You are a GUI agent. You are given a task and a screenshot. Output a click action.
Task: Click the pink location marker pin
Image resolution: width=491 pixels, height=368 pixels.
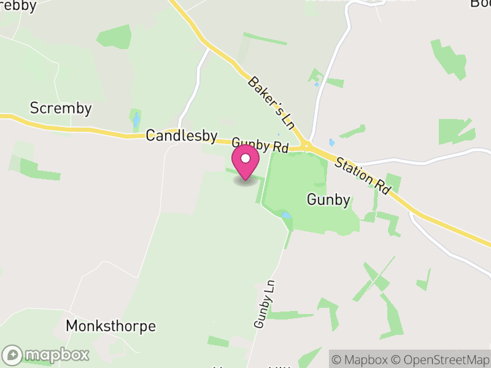[x=245, y=163]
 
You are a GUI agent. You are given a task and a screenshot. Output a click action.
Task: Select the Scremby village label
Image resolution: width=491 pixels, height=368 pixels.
[x=61, y=109]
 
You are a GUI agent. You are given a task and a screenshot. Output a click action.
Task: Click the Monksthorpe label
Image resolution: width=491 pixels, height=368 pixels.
[x=110, y=326]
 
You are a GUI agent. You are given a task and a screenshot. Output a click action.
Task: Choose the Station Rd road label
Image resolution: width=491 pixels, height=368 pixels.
[x=363, y=175]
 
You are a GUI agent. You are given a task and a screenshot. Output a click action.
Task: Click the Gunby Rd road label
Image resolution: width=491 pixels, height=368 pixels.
[x=260, y=145]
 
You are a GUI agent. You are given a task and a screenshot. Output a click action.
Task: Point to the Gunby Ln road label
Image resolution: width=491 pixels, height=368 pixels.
[x=263, y=304]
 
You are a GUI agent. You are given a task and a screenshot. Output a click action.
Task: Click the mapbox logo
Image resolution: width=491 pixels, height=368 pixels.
[x=46, y=355]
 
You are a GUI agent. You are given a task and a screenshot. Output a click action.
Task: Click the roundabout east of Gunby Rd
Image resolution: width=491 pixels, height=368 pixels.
[x=306, y=147]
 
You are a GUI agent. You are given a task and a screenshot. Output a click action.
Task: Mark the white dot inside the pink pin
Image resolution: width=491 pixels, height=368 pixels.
[x=245, y=159]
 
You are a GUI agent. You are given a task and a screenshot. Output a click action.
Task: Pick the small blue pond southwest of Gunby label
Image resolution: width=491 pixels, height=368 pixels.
[x=285, y=215]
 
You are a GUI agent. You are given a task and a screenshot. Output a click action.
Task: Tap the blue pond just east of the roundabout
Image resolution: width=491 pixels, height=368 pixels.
[x=331, y=143]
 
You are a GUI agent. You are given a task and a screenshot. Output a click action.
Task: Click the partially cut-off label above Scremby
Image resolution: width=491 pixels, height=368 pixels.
[x=18, y=5]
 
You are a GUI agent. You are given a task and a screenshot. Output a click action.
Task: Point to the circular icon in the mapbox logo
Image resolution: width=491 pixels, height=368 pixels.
[x=13, y=355]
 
